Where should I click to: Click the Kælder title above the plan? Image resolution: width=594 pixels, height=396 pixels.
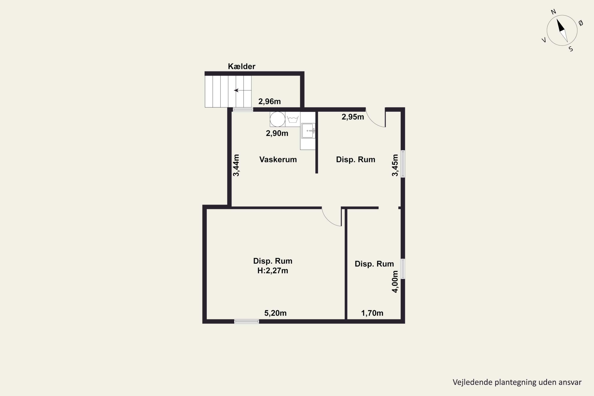click(241, 66)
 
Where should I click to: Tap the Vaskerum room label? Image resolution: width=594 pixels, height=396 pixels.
click(278, 160)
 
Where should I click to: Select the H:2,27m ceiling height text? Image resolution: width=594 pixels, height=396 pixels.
click(273, 270)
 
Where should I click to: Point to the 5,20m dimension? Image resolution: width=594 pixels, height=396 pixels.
click(275, 313)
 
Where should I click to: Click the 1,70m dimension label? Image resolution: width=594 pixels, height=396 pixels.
click(372, 313)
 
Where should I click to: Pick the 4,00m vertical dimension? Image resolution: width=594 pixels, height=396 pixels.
click(395, 282)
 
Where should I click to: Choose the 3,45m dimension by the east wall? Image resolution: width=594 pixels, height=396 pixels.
click(395, 165)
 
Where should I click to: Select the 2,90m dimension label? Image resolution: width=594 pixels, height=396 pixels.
click(277, 133)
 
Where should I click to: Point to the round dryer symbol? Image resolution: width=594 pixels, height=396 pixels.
click(278, 119)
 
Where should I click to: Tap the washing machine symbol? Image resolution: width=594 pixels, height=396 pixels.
click(293, 119)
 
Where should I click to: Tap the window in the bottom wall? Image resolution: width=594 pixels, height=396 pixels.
click(247, 322)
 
